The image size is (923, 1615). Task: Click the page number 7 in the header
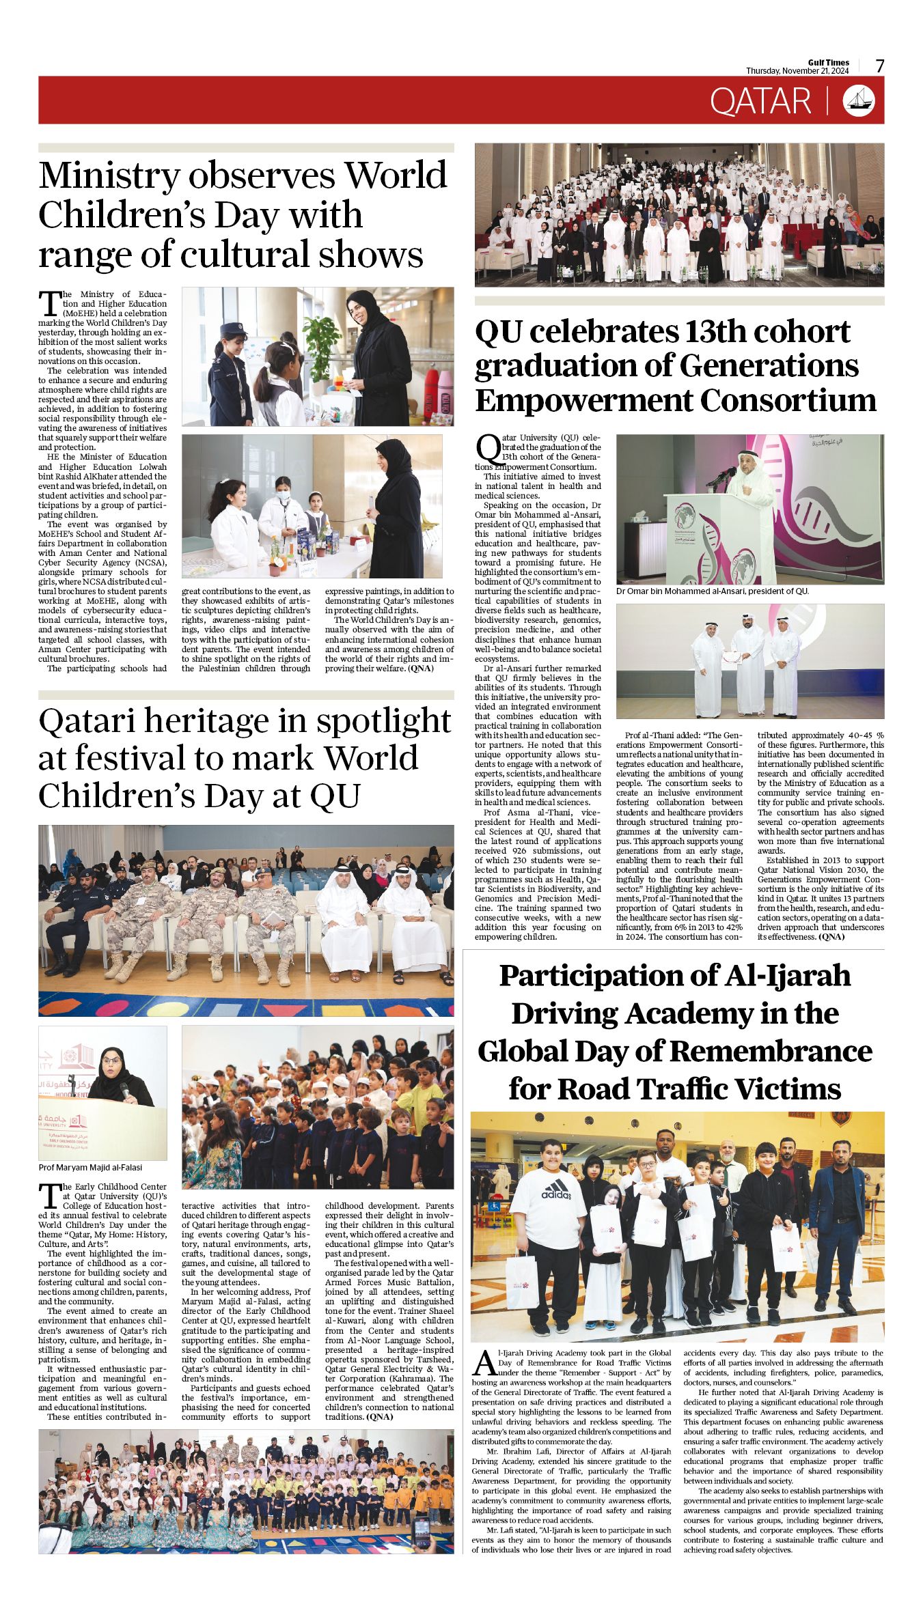coord(879,66)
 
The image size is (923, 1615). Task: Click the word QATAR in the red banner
coord(760,101)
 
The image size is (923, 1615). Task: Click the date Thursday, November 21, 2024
coord(797,71)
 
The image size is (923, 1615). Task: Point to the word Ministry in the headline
coord(109,175)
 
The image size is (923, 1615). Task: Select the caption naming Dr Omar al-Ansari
coord(712,591)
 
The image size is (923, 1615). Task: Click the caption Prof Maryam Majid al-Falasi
coord(90,1168)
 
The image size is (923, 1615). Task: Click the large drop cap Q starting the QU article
coord(487,449)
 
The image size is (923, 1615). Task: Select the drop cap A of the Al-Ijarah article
coord(483,1363)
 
